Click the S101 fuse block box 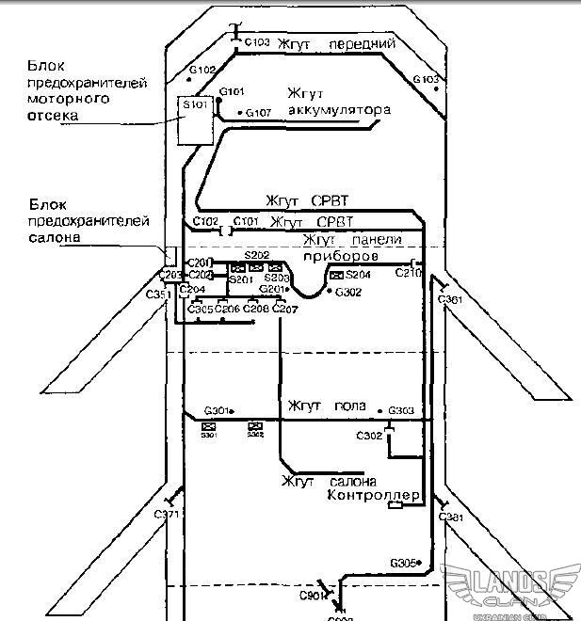pyautogui.click(x=196, y=120)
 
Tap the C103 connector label pyautogui.click(x=257, y=42)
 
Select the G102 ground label pyautogui.click(x=203, y=70)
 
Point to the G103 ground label pyautogui.click(x=428, y=79)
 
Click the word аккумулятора pyautogui.click(x=339, y=111)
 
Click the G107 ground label pyautogui.click(x=259, y=113)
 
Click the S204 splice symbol pyautogui.click(x=336, y=275)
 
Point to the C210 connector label pyautogui.click(x=408, y=274)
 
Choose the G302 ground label pyautogui.click(x=349, y=293)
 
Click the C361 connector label pyautogui.click(x=451, y=299)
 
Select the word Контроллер pyautogui.click(x=373, y=495)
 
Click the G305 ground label pyautogui.click(x=404, y=563)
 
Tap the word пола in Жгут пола pyautogui.click(x=350, y=406)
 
